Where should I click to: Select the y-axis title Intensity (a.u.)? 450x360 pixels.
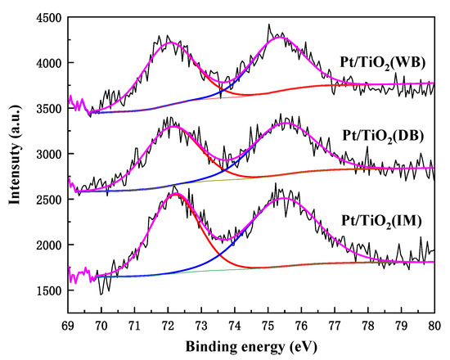[13, 154]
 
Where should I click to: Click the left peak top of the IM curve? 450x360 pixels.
[174, 194]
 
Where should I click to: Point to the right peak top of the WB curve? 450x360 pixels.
[281, 38]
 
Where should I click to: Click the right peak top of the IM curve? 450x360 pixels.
[283, 198]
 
